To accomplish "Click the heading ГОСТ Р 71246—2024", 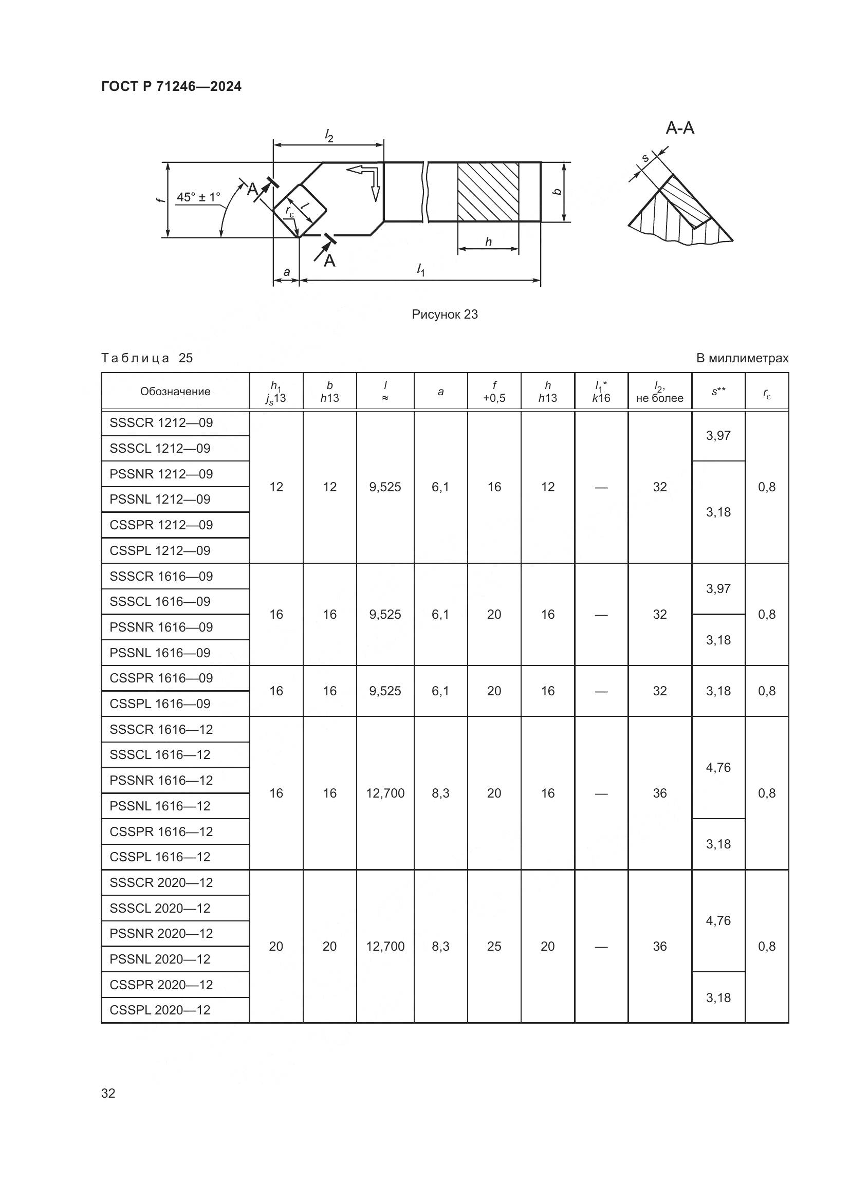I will click(171, 86).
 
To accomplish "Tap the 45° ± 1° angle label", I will click(198, 197).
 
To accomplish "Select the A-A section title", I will click(679, 128).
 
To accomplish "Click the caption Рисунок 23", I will click(445, 314).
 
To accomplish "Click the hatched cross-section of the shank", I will click(488, 192).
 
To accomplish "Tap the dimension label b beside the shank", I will click(558, 192).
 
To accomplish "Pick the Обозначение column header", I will click(175, 392).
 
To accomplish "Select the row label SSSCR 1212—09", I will click(161, 423).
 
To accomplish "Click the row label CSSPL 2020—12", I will click(160, 1010).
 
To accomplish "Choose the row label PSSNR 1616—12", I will click(161, 781).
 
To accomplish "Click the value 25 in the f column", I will click(494, 947).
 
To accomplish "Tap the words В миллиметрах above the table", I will click(742, 359).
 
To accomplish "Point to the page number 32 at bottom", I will click(108, 1093).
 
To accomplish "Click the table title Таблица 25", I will click(147, 358).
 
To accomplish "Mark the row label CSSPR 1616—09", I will click(161, 678).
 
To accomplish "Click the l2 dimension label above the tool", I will click(329, 136).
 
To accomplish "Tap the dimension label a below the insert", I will click(286, 272).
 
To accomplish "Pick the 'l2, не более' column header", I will click(659, 392).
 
